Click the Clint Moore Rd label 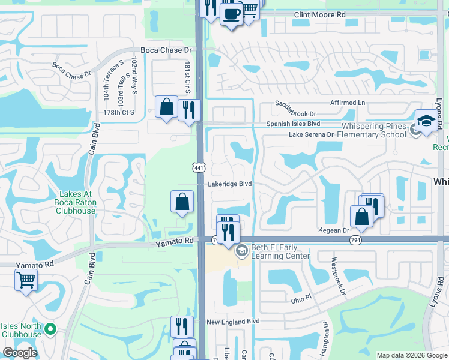point(320,14)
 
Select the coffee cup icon point(231,14)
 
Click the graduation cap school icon point(426,120)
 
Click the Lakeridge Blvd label point(229,184)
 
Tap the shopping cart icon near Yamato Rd point(26,280)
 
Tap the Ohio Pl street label point(302,299)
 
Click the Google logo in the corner point(20,353)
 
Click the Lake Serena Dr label point(311,135)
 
